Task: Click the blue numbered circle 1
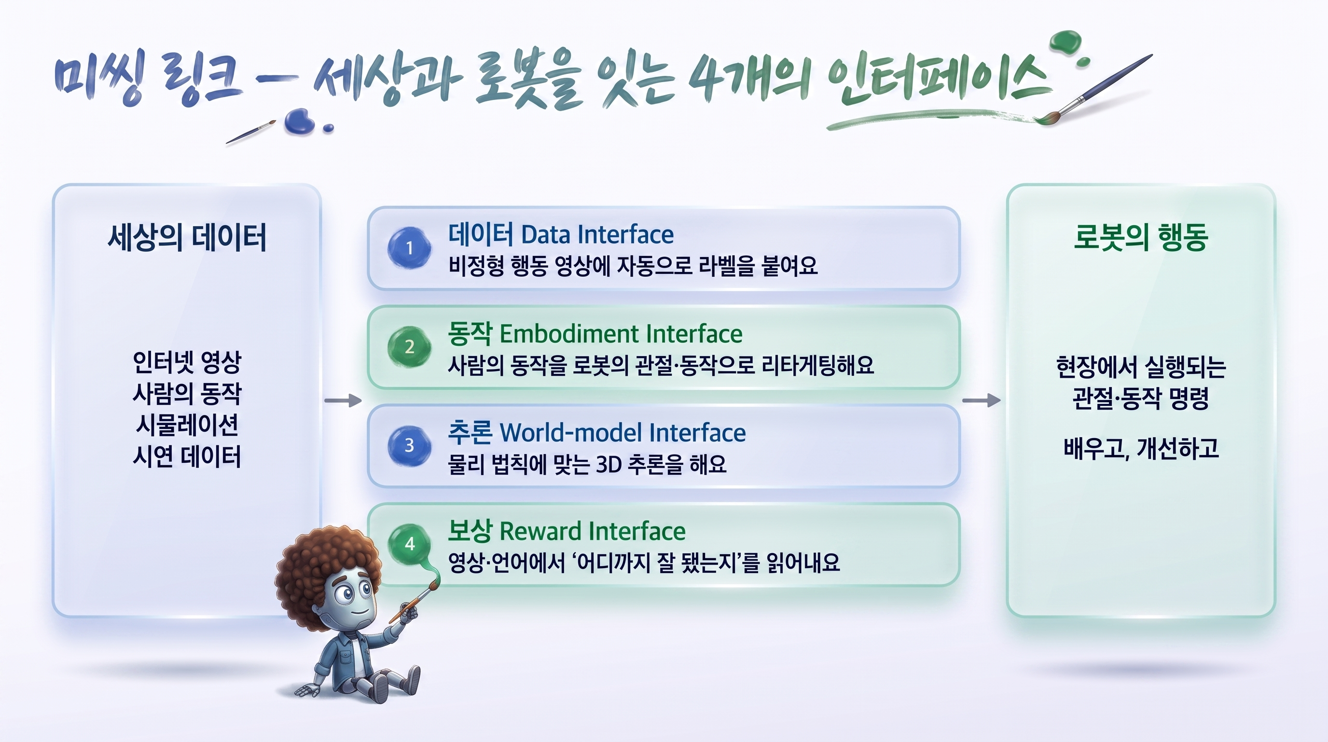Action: [409, 248]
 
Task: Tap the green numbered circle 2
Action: [409, 346]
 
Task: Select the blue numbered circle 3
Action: [409, 445]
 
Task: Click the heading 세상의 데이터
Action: [187, 237]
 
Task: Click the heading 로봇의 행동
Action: [1141, 237]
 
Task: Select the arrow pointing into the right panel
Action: [982, 400]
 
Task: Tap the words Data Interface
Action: [597, 235]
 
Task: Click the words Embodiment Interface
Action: [621, 334]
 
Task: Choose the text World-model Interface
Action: [623, 432]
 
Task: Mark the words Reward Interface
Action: [593, 531]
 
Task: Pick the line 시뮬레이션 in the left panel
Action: [187, 425]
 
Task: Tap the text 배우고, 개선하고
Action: [1141, 448]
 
